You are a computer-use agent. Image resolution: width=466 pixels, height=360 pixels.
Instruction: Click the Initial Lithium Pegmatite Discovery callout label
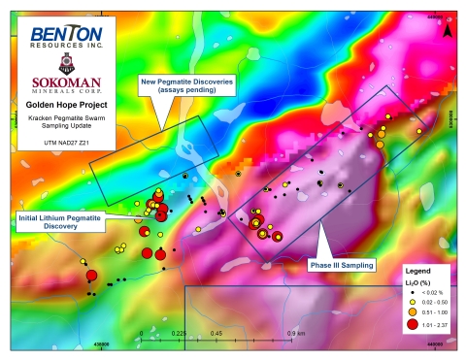60,222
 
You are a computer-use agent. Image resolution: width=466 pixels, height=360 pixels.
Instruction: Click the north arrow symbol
446,29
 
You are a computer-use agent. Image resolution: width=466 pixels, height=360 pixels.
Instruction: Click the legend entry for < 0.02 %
434,291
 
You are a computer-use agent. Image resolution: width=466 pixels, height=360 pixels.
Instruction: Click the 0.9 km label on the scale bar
297,333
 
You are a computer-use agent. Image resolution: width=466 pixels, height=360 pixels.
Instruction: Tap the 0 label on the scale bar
142,333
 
